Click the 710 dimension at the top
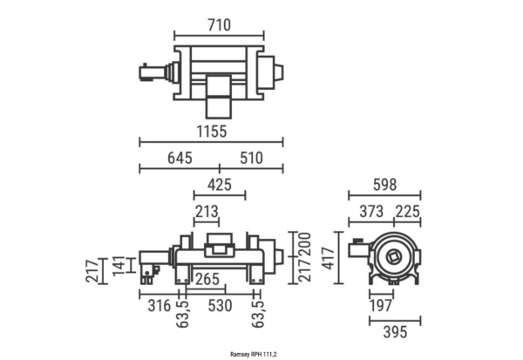pos(218,25)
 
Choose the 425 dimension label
pos(219,184)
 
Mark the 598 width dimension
pos(384,184)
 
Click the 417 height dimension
pos(327,258)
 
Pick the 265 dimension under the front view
pos(207,279)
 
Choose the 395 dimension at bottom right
pos(395,332)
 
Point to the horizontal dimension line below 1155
pos(211,142)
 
